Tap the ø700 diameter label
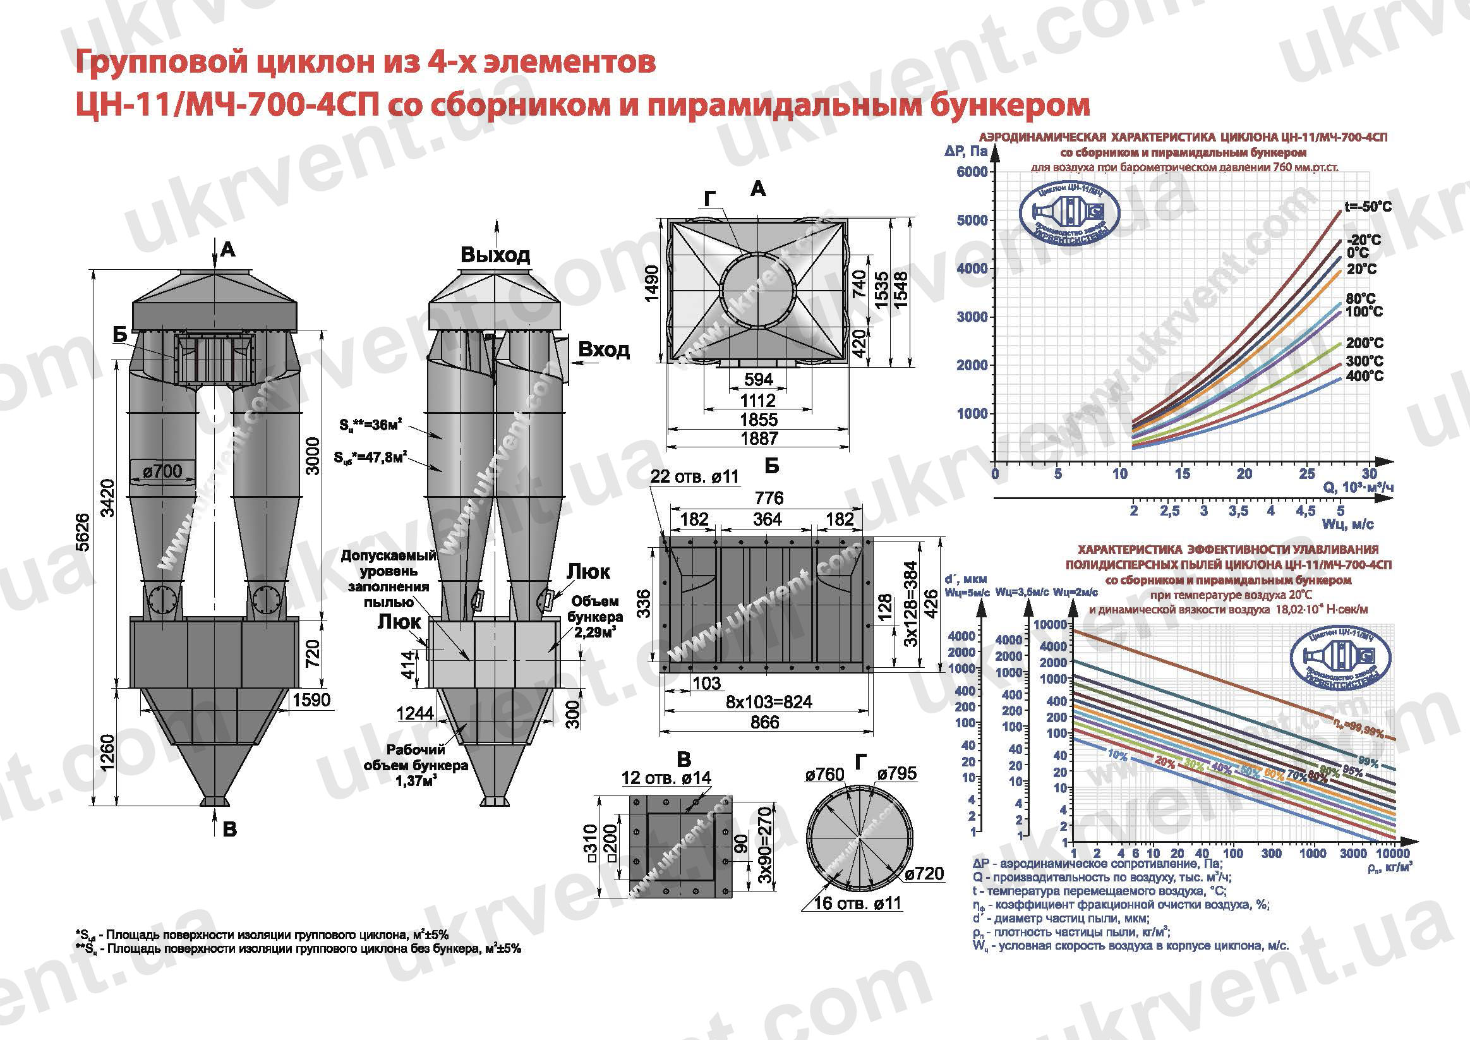162,471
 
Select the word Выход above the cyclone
495,255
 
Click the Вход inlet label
604,349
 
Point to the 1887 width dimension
759,438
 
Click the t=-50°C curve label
1368,207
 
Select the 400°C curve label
1365,376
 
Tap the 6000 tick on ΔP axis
972,172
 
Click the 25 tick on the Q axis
1307,474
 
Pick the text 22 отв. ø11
695,476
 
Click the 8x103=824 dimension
769,702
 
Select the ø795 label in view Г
897,773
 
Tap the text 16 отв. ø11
857,904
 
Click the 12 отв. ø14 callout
666,778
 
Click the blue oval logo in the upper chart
1069,217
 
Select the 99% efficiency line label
1368,761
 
